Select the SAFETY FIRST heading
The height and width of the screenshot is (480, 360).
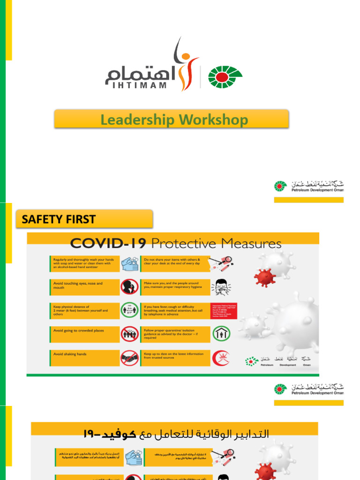tap(59, 219)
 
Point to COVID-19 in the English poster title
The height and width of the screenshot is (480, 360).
tap(108, 243)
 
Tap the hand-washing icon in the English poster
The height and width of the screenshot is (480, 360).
tap(129, 263)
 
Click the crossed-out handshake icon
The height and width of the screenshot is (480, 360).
tap(129, 359)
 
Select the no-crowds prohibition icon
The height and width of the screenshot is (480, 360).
tap(129, 334)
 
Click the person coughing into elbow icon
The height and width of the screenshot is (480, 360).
tap(221, 287)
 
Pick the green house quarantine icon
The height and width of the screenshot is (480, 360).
tap(221, 334)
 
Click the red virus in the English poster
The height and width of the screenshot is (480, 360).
tap(264, 277)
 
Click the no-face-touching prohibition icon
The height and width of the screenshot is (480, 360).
tap(129, 287)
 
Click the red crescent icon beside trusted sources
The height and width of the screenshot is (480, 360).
tap(221, 359)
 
